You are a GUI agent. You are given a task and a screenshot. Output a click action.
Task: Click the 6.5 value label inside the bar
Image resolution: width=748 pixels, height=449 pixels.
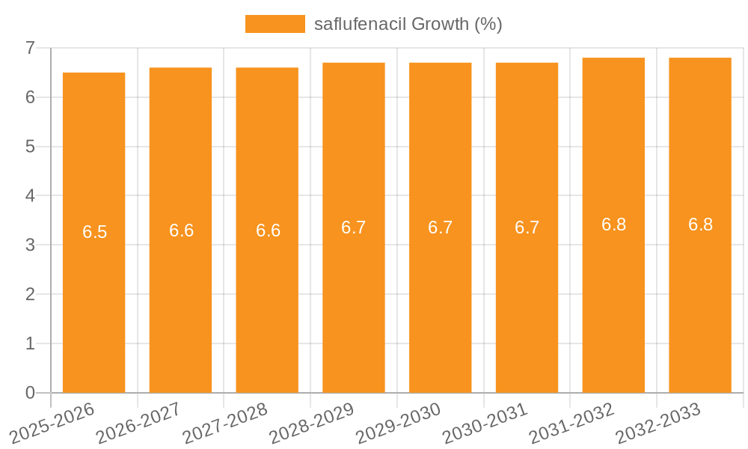pos(95,232)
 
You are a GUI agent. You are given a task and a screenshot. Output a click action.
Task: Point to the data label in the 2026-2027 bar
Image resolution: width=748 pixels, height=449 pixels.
pos(182,230)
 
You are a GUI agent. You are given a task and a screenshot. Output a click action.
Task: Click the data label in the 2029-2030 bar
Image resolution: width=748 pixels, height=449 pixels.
pos(441,227)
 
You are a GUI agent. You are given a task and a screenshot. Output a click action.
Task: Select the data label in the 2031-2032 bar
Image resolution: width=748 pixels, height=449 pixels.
pos(614,224)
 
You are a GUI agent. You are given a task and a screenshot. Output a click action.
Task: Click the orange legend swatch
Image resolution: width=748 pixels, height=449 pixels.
pos(275,24)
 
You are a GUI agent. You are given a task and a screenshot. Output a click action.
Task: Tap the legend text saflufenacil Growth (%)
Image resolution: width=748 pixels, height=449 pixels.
pos(408,24)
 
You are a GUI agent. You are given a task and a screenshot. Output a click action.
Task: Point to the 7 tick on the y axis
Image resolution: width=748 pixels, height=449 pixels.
pos(31,48)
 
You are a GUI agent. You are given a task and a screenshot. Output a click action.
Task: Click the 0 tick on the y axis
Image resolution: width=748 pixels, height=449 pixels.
pos(31,393)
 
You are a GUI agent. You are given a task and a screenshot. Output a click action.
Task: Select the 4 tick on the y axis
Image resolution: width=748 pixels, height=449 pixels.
pos(31,196)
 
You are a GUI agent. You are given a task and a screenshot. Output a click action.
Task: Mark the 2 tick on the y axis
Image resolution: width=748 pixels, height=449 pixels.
pos(31,294)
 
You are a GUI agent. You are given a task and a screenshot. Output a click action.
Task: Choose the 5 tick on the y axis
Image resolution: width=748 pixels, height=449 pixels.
pos(31,147)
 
